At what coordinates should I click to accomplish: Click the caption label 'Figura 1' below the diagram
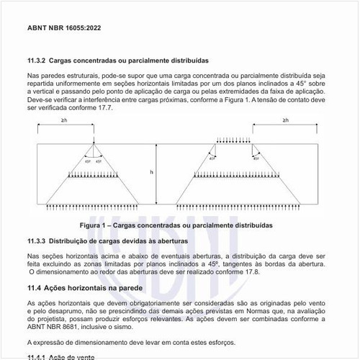pyautogui.click(x=96, y=225)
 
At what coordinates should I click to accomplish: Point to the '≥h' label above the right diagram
pyautogui.click(x=287, y=120)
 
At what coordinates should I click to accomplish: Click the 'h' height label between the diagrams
pyautogui.click(x=152, y=172)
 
